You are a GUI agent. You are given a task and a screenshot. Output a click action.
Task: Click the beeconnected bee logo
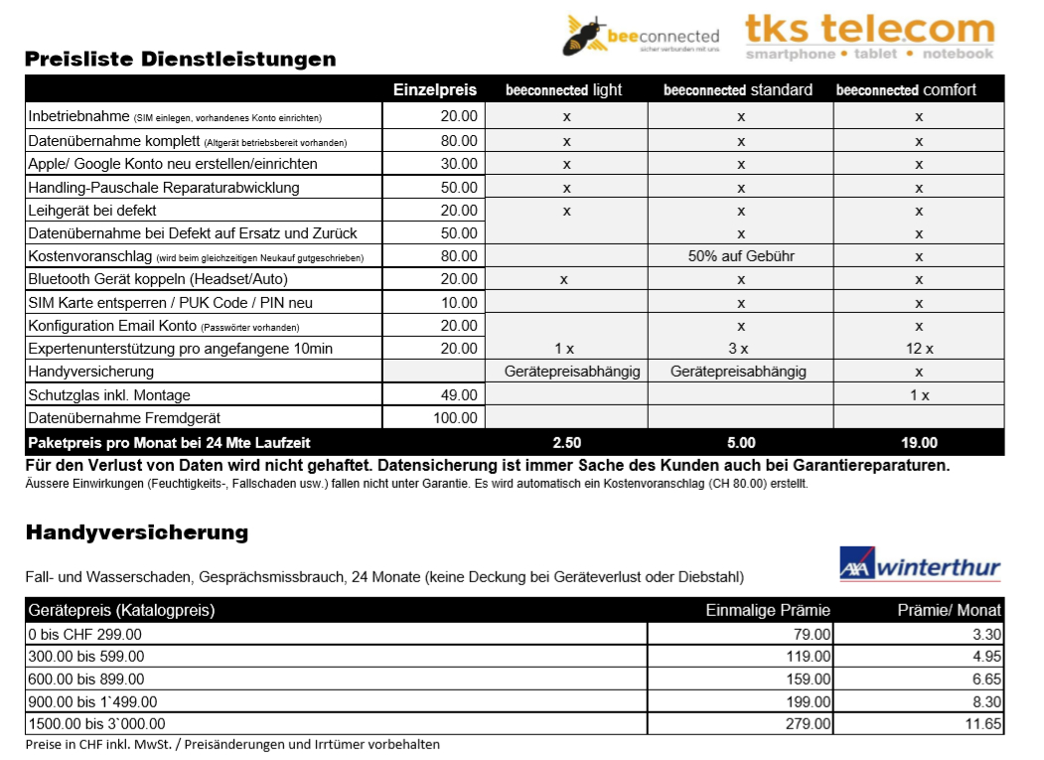coord(640,36)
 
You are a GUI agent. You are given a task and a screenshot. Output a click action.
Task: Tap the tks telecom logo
coord(869,36)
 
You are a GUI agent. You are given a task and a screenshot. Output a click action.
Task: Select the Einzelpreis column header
coord(435,90)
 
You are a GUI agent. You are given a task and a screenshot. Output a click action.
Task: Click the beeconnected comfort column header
coord(905,90)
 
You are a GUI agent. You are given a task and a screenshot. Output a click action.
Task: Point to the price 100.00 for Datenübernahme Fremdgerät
coord(456,418)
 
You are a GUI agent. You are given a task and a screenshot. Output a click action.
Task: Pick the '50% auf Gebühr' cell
coord(741,256)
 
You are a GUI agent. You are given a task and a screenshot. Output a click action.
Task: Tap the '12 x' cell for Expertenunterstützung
coord(919,349)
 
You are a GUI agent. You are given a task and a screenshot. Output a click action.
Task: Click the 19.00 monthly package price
coord(919,443)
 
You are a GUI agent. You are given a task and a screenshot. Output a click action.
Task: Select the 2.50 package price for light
coord(566,443)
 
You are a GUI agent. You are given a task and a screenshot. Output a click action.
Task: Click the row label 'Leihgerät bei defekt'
coord(92,211)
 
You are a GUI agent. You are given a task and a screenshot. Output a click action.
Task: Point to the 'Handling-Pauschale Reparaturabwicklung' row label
coord(163,187)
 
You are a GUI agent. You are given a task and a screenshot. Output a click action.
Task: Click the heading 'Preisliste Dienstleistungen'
coord(180,60)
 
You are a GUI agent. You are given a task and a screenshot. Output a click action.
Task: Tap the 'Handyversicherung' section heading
coord(136,532)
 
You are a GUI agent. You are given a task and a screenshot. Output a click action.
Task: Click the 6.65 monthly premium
coord(986,679)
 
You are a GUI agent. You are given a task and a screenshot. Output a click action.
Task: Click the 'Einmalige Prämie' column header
coord(768,610)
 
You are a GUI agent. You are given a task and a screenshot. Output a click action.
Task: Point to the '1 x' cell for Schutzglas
coord(919,394)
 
